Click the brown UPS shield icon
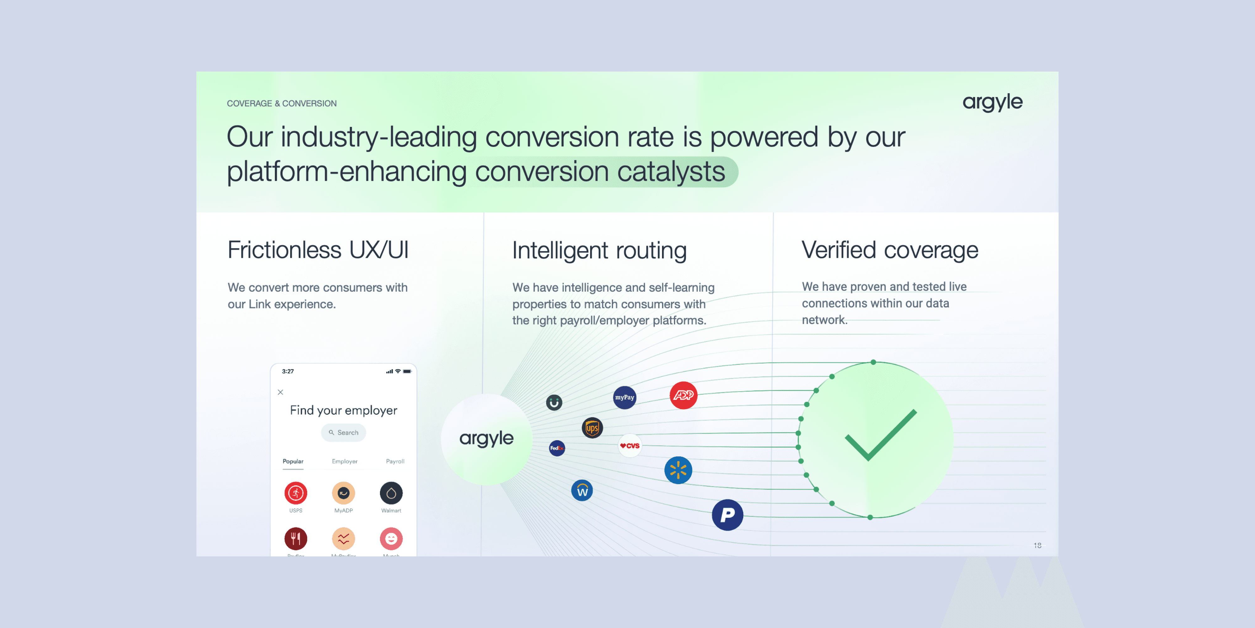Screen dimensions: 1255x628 pos(592,428)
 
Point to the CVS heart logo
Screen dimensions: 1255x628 pos(629,446)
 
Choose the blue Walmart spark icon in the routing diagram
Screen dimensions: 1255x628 pos(678,470)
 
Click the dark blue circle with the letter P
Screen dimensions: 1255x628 pos(727,514)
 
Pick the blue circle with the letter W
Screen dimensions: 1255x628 pos(582,490)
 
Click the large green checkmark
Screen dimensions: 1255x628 pos(880,436)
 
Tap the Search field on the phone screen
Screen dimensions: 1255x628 pos(344,432)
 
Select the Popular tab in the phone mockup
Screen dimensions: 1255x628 pos(293,461)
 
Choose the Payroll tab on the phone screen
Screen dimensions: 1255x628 pos(395,461)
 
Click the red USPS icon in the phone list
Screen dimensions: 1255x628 pos(296,493)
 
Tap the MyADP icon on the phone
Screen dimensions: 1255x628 pos(344,493)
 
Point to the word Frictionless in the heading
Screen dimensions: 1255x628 pos(285,250)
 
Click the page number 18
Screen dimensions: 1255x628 pos(1037,545)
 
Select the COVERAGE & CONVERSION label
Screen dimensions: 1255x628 pos(282,103)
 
